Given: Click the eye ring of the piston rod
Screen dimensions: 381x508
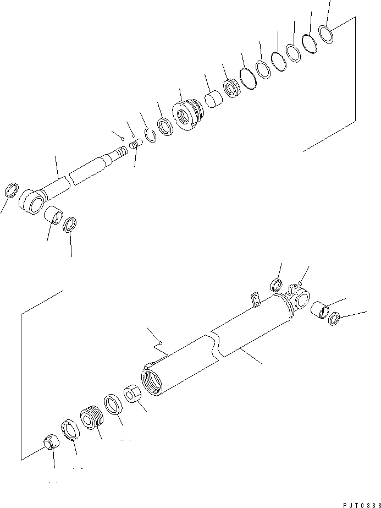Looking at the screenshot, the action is tap(31, 202).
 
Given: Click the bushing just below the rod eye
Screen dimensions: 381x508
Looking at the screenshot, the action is tap(52, 214).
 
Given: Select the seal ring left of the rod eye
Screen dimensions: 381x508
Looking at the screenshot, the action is tap(12, 190).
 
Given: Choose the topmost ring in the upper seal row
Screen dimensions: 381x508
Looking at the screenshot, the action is tap(326, 34).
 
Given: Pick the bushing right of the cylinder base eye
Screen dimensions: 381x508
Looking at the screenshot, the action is tap(320, 309).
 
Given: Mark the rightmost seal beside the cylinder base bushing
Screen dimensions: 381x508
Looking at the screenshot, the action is tap(334, 318).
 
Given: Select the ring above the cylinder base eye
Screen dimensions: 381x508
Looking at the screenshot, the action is tap(276, 285).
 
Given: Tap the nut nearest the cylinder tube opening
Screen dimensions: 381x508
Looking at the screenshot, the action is tap(132, 394).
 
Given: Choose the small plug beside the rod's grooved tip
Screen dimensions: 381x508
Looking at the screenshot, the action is tap(135, 144).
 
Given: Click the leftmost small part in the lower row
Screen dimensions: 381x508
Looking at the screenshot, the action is tap(51, 441).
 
